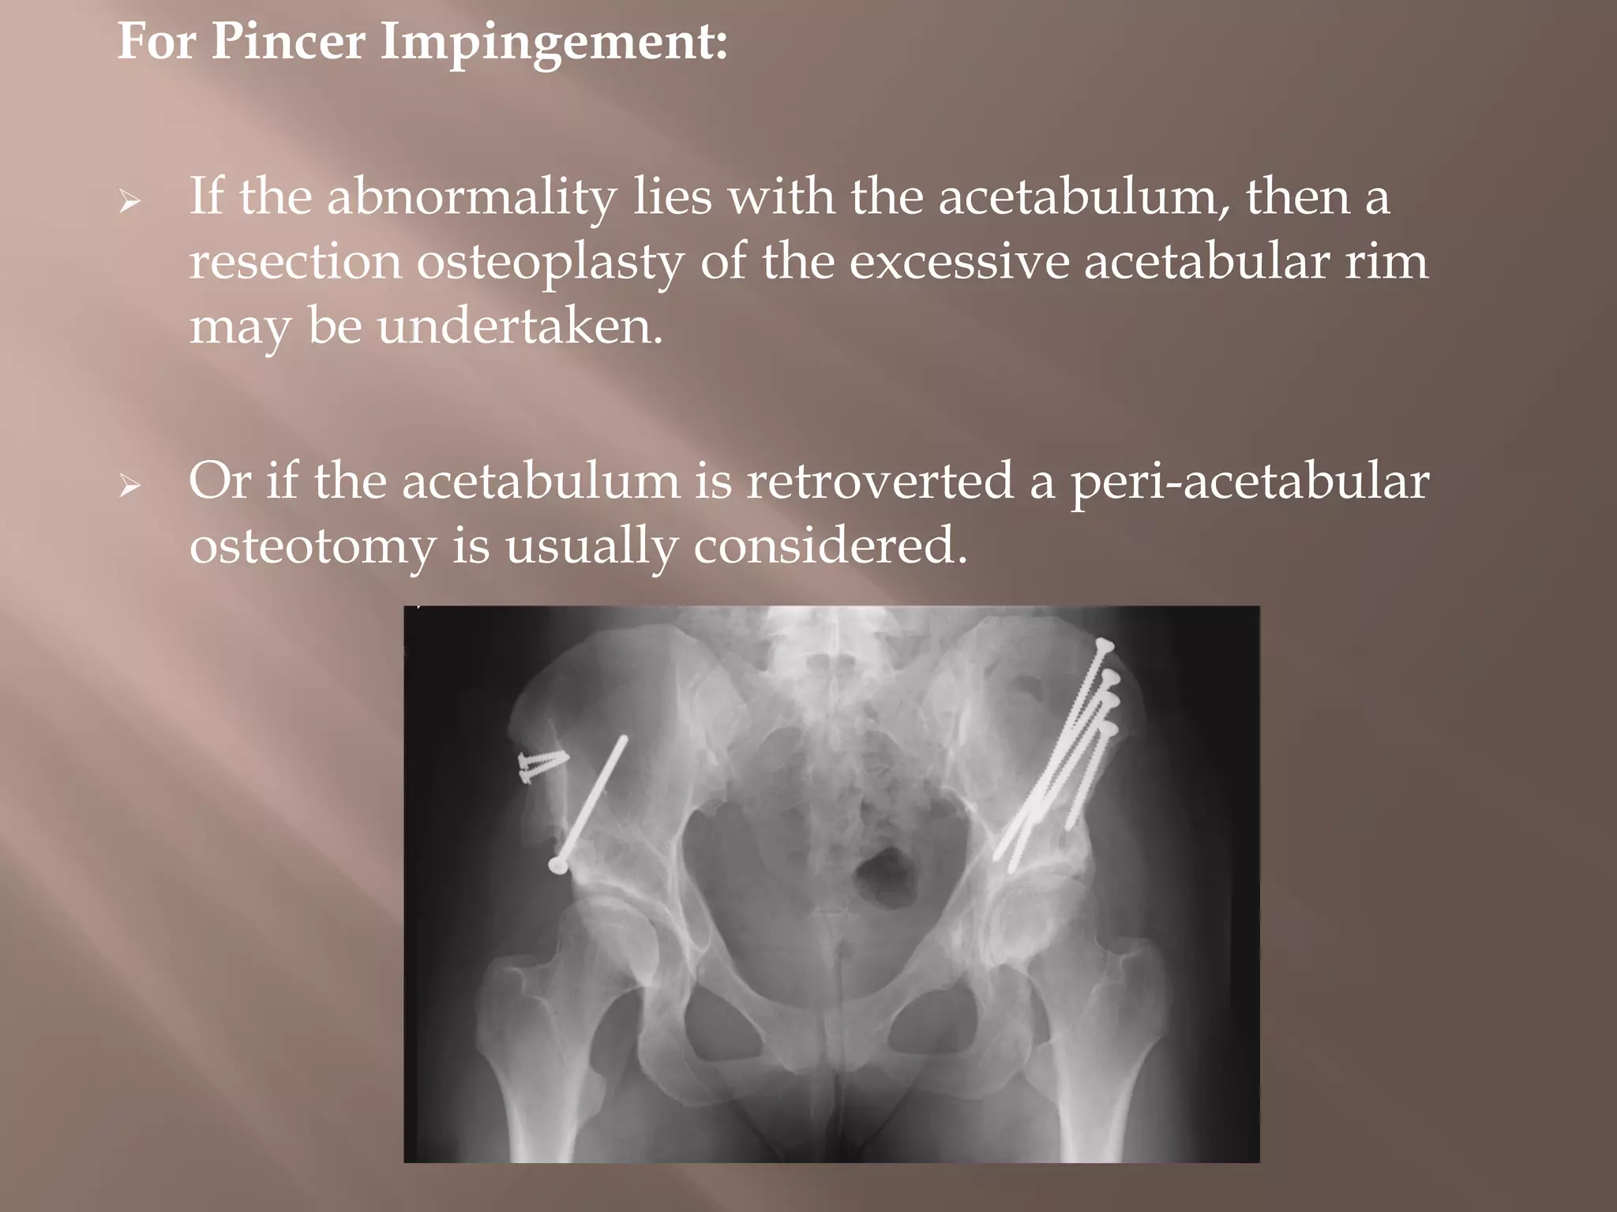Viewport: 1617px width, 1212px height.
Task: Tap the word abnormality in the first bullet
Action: point(471,197)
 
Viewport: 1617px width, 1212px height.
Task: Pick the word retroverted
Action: point(880,481)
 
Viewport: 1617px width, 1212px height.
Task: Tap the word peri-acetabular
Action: point(1249,482)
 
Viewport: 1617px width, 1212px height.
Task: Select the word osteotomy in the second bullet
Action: point(313,546)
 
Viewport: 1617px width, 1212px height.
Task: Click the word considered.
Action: point(831,544)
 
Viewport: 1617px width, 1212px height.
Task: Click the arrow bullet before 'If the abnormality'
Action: point(129,203)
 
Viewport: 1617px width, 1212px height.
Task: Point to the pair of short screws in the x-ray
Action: point(542,765)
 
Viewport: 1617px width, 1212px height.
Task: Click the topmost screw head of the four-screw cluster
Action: point(1104,647)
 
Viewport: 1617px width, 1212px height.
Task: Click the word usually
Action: point(591,546)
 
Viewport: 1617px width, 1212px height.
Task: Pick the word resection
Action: point(295,262)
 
